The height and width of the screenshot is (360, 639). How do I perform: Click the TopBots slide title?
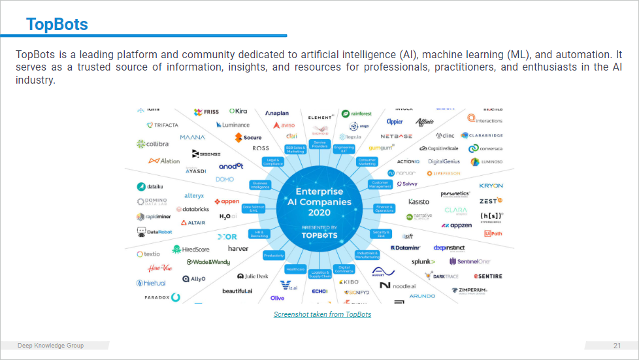point(57,25)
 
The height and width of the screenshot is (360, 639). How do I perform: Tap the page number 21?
point(617,346)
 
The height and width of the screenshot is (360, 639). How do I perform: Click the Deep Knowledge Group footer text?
point(50,346)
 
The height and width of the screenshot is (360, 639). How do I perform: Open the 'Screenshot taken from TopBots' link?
point(322,315)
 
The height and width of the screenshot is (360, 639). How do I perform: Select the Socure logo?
point(248,137)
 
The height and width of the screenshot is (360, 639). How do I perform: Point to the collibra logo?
point(153,144)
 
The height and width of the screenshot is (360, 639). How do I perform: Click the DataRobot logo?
point(155,232)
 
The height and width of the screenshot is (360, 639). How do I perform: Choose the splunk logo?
point(423,261)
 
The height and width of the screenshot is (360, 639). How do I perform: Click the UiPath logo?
point(493,233)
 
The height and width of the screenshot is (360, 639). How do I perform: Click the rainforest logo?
point(357,114)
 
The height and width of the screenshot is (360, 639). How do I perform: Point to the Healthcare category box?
point(295,269)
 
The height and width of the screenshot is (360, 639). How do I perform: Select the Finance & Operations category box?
point(384,208)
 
